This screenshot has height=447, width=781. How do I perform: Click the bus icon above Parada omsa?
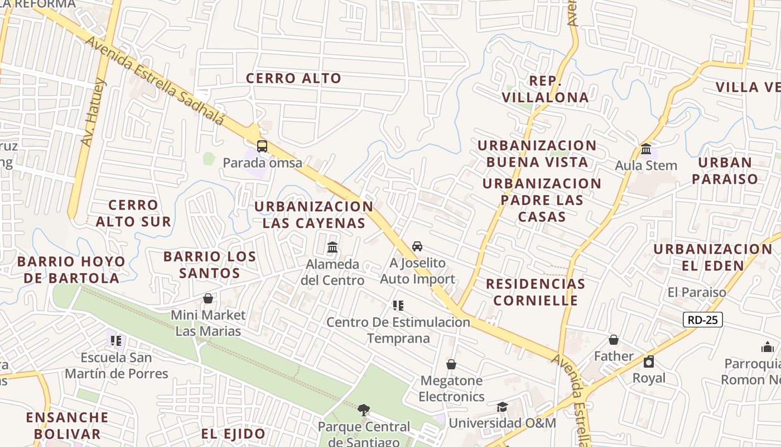click(262, 146)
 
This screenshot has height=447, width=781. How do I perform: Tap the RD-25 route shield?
click(702, 320)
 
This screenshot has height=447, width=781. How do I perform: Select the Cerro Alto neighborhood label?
click(293, 78)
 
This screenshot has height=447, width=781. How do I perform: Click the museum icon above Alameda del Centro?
click(332, 246)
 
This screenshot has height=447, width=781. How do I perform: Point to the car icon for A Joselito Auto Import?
click(417, 246)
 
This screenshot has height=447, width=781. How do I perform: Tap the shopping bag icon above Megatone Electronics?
click(451, 364)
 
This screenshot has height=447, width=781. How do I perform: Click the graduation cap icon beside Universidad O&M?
click(502, 407)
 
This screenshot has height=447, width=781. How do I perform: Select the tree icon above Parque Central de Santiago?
click(364, 410)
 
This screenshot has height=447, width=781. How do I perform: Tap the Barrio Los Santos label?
click(210, 265)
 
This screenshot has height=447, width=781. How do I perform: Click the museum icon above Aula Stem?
click(646, 149)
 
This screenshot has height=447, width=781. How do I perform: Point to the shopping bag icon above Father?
click(614, 340)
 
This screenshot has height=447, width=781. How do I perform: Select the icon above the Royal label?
click(648, 362)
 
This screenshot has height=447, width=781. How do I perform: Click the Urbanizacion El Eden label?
click(713, 257)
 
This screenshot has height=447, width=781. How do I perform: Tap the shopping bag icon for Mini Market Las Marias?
click(208, 298)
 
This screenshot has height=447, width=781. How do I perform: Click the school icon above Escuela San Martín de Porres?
click(116, 340)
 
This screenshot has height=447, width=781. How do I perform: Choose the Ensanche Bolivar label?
click(67, 425)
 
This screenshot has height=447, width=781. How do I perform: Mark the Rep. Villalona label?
click(545, 89)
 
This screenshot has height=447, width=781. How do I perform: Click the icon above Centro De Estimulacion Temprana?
click(398, 305)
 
